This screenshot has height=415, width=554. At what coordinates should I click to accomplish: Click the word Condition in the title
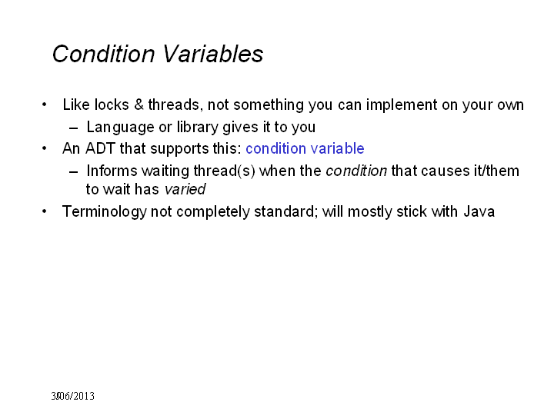click(104, 54)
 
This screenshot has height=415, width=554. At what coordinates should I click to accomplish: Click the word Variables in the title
click(212, 54)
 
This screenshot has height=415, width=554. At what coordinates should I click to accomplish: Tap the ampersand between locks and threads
click(138, 105)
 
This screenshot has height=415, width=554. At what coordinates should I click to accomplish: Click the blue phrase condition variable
click(305, 148)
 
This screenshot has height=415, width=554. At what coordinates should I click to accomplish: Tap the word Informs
click(112, 171)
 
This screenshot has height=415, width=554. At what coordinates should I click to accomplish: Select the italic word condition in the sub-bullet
click(356, 171)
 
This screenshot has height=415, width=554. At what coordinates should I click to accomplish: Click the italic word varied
click(185, 189)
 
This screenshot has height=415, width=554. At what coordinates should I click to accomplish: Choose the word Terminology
click(104, 212)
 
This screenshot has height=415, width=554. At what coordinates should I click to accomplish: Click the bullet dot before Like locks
click(44, 105)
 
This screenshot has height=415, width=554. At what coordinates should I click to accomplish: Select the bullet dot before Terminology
click(44, 211)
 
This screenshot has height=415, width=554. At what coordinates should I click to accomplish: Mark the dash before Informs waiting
click(74, 172)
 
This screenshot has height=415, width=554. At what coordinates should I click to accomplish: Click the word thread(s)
click(224, 171)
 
